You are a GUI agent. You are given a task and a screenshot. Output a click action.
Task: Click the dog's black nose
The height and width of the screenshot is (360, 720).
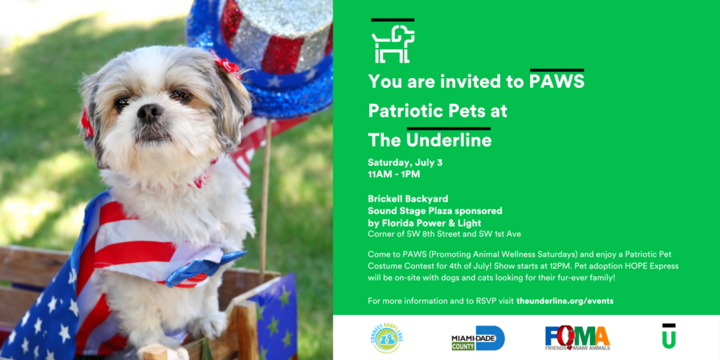pos(150,112)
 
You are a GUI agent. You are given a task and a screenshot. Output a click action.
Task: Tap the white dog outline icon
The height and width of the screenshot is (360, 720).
pos(393,44)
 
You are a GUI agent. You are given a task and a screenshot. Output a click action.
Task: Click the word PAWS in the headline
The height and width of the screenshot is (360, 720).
pos(557,82)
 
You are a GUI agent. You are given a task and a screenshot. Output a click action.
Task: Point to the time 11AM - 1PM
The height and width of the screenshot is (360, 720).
pos(394,174)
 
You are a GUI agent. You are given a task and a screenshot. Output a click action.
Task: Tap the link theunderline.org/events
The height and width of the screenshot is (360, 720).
pos(565,301)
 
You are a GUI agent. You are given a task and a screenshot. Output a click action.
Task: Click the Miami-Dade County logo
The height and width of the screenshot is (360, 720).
pos(478,338)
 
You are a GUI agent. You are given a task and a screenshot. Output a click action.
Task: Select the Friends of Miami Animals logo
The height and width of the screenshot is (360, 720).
pos(577,338)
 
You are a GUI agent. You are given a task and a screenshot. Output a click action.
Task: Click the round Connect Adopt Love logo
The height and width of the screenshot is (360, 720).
pos(386,338)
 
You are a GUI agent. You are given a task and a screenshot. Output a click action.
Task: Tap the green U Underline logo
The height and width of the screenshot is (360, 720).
pos(669,336)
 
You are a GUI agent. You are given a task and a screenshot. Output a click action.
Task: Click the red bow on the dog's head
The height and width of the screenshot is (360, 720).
pos(227,65)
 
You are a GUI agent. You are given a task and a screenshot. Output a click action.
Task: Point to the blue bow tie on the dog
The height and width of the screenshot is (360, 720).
pos(205,269)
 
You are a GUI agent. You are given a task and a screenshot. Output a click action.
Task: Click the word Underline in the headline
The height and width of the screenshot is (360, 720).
pos(449,141)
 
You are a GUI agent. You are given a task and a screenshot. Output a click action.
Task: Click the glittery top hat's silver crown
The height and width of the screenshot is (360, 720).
pos(276,32)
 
